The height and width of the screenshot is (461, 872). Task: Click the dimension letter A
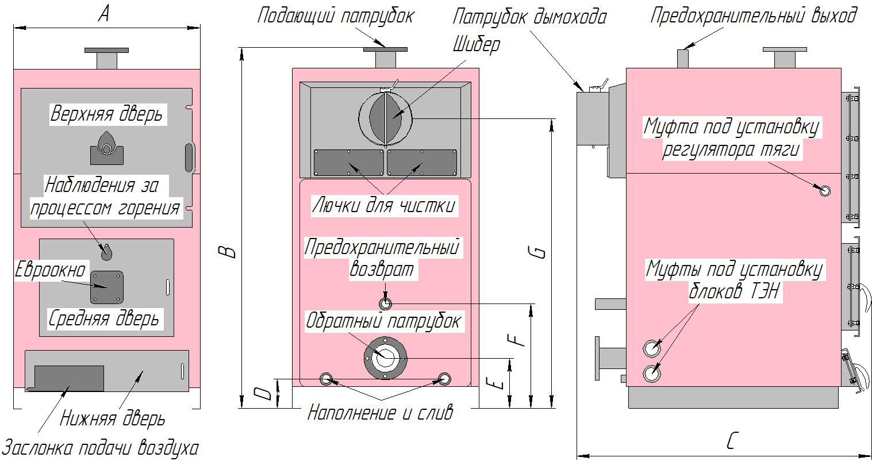(103, 13)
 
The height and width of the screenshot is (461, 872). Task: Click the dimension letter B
(229, 251)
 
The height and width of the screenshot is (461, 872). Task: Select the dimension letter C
(731, 441)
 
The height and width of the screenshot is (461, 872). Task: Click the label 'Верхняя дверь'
(106, 114)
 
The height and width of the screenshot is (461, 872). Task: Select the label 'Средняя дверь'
(103, 318)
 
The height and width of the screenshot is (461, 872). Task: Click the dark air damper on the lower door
(69, 378)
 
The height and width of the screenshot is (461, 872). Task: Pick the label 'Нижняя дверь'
(113, 419)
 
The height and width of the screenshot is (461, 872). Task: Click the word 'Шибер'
(476, 45)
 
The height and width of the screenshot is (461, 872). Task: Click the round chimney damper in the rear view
(385, 118)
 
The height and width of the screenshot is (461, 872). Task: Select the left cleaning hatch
(349, 163)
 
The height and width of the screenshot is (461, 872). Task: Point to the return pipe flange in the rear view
(385, 357)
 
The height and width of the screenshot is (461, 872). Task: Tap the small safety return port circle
(385, 304)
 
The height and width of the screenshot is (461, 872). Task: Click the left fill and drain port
(326, 378)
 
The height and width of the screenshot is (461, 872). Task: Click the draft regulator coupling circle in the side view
(825, 190)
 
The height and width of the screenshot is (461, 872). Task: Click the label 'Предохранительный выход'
(753, 16)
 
